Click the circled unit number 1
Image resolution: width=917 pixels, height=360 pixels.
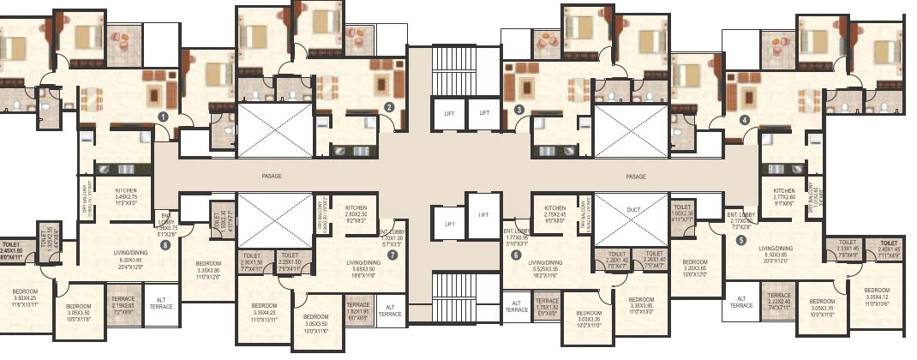point(163,115)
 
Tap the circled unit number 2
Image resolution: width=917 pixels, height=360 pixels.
point(389,107)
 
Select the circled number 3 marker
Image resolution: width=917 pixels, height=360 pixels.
point(519,109)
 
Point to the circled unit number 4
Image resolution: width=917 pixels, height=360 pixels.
point(745,120)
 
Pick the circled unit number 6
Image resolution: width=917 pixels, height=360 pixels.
point(516,254)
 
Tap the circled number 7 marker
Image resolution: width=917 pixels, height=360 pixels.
point(393,255)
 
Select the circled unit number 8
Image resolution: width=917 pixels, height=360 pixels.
point(165,243)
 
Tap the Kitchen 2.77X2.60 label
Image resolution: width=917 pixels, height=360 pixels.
point(784,196)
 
